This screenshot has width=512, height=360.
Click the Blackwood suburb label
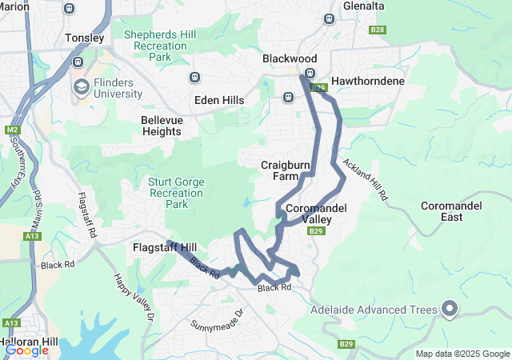point(290,59)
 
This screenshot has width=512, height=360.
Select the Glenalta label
point(362,6)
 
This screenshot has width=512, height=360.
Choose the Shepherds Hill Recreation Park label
point(156,46)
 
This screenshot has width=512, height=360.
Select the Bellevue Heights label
point(162,126)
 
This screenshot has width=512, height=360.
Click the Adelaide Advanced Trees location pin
point(450,309)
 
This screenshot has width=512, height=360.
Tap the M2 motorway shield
point(12,129)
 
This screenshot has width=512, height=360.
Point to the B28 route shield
point(378,30)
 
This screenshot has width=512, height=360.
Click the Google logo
point(26,350)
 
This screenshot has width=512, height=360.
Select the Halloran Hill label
point(29,342)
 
